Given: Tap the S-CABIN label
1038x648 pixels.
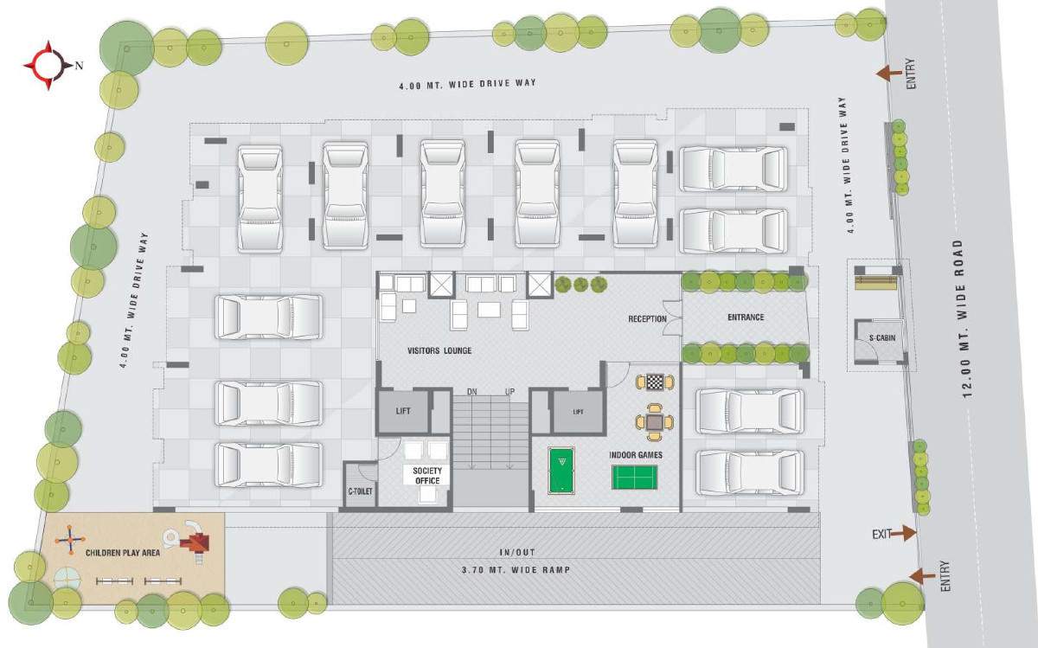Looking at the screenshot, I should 882,337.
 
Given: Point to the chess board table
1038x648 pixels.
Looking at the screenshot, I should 655,382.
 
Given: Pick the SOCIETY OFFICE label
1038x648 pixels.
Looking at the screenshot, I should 427,476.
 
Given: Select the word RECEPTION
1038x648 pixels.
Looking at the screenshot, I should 647,319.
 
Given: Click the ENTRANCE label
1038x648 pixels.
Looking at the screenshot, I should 746,318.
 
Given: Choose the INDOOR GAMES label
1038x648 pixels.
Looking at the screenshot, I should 636,454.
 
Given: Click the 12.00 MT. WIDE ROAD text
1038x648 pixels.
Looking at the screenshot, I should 970,318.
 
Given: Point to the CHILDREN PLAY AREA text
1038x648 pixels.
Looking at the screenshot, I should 122,551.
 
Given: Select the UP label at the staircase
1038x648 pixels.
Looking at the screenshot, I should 510,392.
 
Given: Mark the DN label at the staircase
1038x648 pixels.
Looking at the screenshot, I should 471,392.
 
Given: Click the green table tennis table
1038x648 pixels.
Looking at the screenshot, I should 635,477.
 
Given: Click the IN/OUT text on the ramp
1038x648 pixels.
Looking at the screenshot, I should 517,552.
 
